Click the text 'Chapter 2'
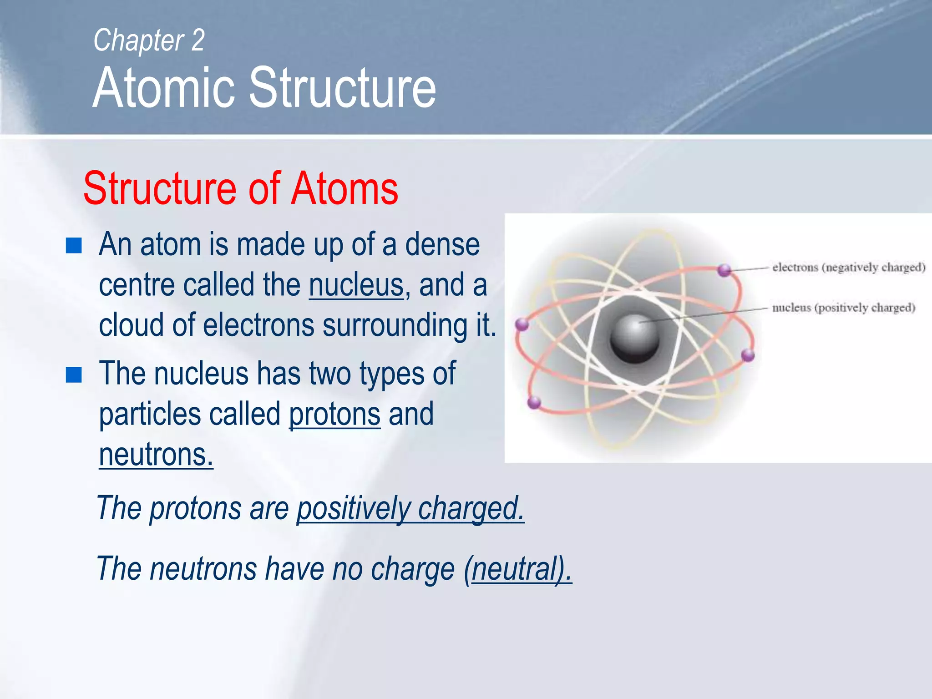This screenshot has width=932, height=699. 149,41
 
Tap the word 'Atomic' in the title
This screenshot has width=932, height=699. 163,88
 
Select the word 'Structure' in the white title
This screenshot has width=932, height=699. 343,88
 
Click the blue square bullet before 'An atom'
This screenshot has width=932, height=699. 74,246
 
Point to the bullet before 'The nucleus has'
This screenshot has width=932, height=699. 74,375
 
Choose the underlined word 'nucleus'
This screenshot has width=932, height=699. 356,285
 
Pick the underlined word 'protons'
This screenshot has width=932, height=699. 334,414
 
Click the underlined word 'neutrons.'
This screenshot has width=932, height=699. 156,455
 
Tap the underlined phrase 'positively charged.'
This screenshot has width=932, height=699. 410,508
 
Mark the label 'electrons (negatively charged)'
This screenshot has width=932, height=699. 849,267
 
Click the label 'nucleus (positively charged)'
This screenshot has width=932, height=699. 843,308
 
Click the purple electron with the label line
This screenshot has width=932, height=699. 724,270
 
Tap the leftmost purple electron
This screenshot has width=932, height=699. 522,324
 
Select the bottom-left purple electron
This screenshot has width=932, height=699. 534,402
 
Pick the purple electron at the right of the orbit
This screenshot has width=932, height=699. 748,355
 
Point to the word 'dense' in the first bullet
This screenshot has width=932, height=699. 442,245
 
